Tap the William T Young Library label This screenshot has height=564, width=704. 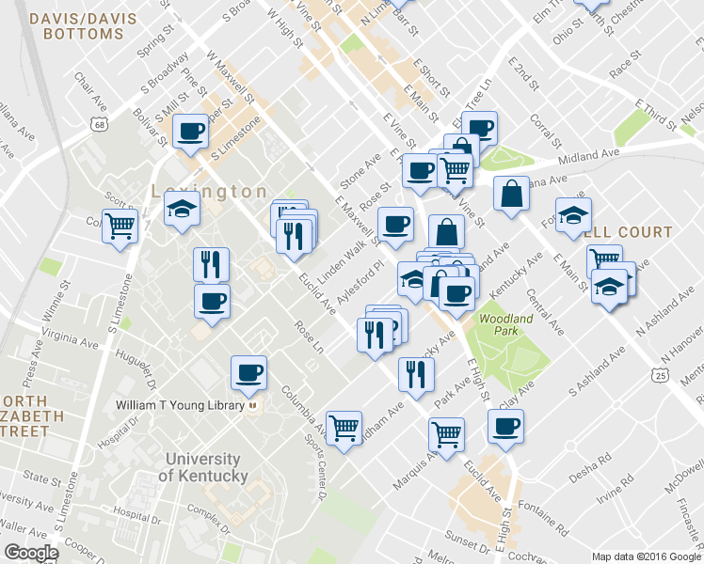pos(182,406)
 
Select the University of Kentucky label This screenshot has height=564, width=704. pos(206,467)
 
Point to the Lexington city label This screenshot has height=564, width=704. pos(209,191)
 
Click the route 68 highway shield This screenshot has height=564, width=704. pos(99,124)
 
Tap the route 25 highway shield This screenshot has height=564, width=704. pos(664,375)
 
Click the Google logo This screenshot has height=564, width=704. pos(31,552)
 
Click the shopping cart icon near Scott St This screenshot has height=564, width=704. pos(120,226)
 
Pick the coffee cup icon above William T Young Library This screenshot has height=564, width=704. pos(249,372)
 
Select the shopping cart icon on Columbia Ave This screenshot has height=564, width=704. pos(344,428)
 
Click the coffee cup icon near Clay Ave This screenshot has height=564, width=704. pos(504,427)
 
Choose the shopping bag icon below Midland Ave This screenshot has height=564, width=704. pos(510,194)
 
